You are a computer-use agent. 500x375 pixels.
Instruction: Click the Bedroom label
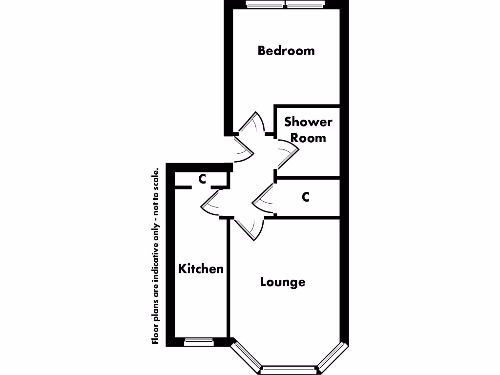click(x=286, y=51)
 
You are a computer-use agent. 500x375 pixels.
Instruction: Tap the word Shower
click(x=308, y=122)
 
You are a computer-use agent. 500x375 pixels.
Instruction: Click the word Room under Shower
click(x=308, y=138)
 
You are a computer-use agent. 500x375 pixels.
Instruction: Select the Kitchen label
click(x=201, y=269)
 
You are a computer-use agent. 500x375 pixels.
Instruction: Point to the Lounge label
click(x=283, y=282)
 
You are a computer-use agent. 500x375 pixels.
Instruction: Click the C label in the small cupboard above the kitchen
click(x=202, y=179)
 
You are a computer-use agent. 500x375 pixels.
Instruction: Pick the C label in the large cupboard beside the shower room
click(x=306, y=197)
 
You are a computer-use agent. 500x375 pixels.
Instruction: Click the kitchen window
click(x=199, y=342)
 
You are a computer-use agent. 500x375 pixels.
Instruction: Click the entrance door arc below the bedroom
click(x=244, y=151)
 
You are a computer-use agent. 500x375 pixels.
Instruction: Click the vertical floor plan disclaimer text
click(x=156, y=256)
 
